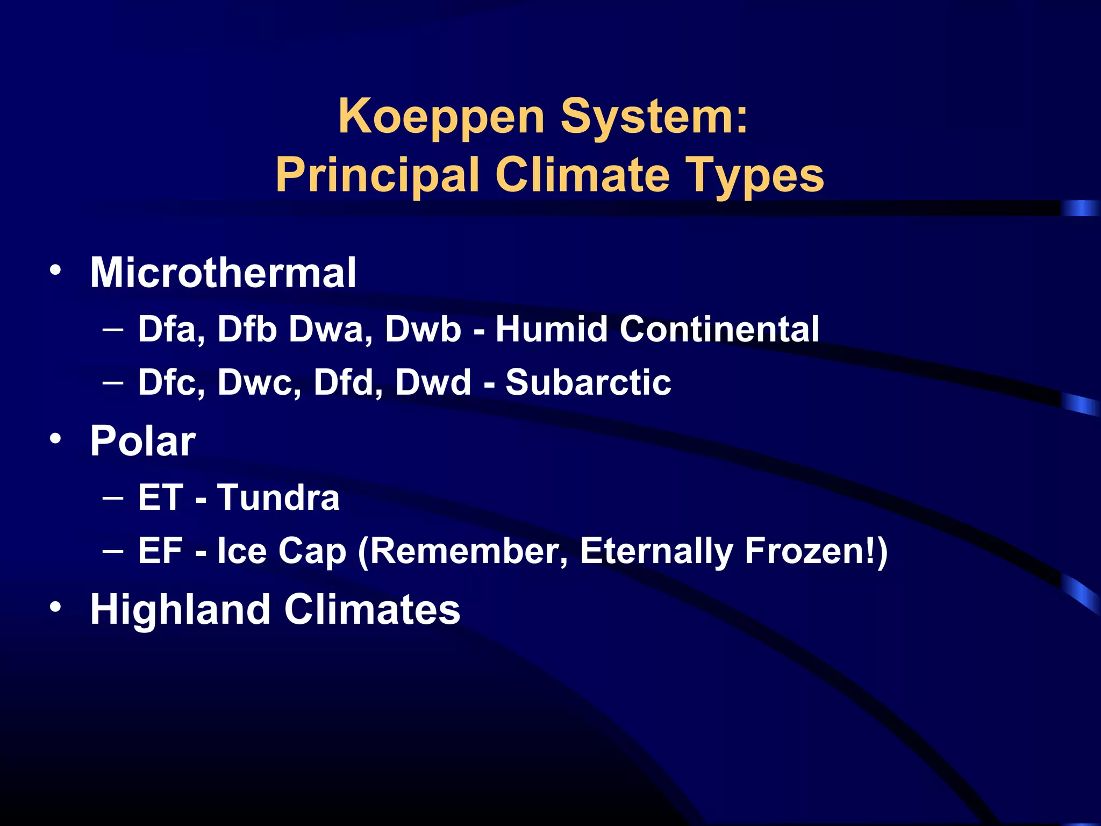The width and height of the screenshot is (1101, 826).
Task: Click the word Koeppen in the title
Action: tap(441, 117)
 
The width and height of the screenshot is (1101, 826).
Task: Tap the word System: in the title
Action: tap(654, 117)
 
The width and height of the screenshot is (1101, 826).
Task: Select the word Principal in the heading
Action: tap(377, 175)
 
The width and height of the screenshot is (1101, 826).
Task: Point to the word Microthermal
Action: tap(223, 273)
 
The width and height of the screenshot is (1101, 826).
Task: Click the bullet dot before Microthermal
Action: tap(55, 269)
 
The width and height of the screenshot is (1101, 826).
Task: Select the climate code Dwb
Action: tap(423, 329)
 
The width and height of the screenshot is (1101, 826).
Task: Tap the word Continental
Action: tap(719, 329)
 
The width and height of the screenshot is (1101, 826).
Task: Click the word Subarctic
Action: tap(588, 382)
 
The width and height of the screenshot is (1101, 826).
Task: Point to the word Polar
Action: tap(143, 441)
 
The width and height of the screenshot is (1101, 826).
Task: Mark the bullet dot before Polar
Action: tap(55, 439)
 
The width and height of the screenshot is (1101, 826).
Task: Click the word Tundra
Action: tap(278, 497)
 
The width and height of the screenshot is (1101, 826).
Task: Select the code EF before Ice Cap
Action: tap(160, 551)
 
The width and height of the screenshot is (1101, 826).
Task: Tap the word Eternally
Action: tap(656, 552)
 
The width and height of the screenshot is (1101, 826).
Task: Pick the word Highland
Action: tap(180, 610)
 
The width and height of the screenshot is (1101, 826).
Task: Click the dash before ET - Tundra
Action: tap(113, 498)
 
